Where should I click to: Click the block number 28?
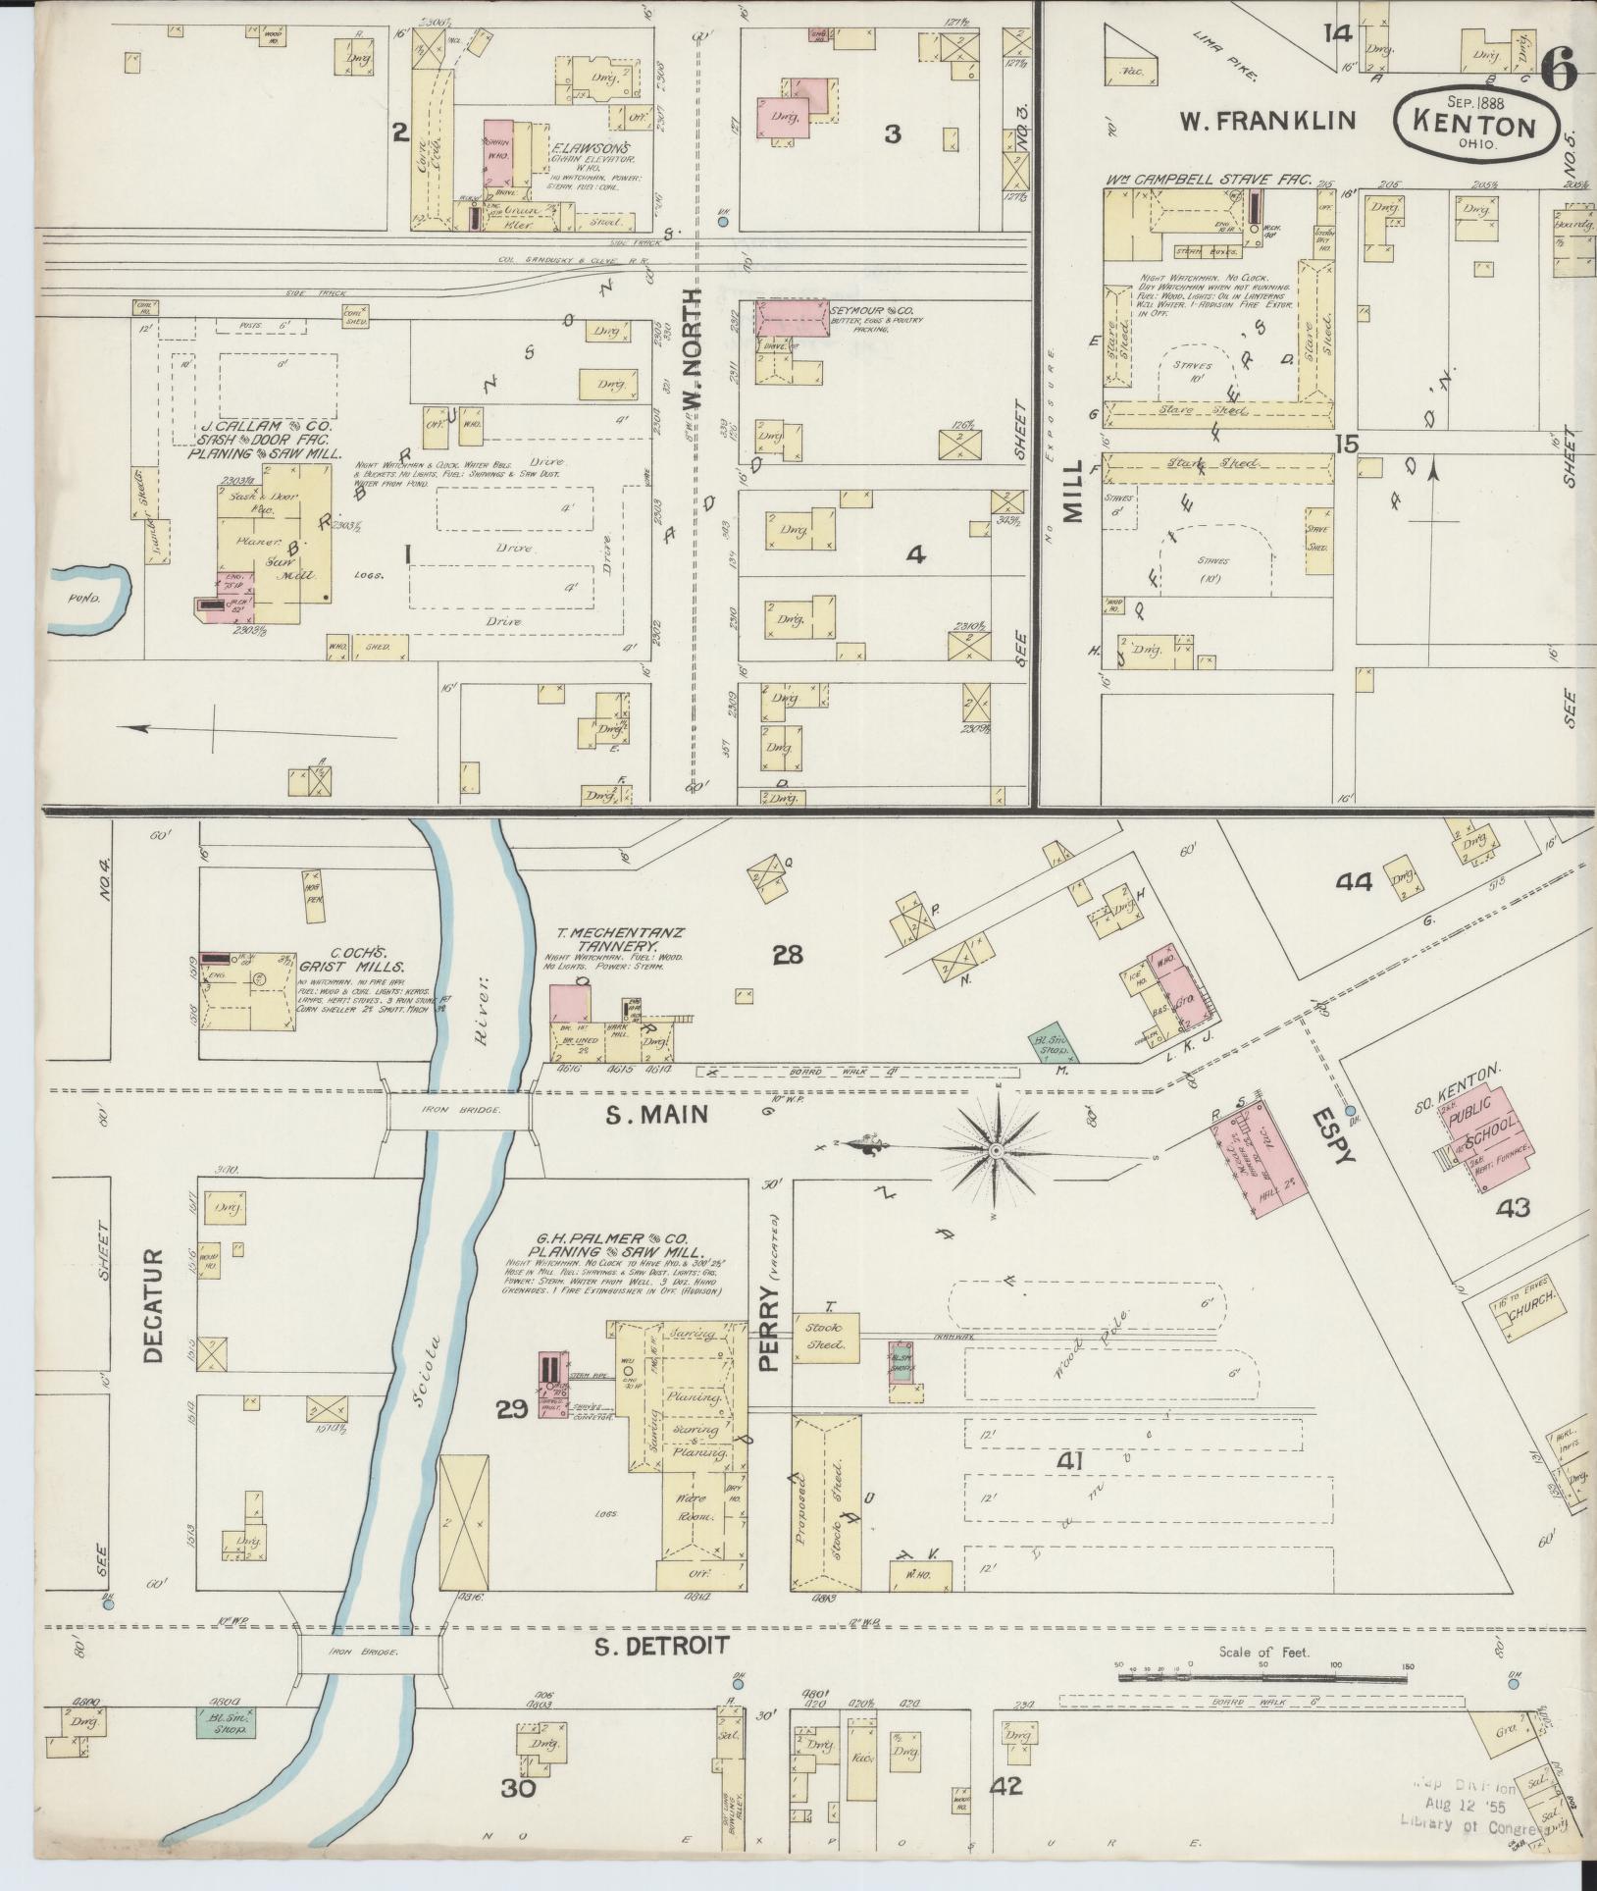(788, 953)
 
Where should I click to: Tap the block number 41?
(1069, 1489)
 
